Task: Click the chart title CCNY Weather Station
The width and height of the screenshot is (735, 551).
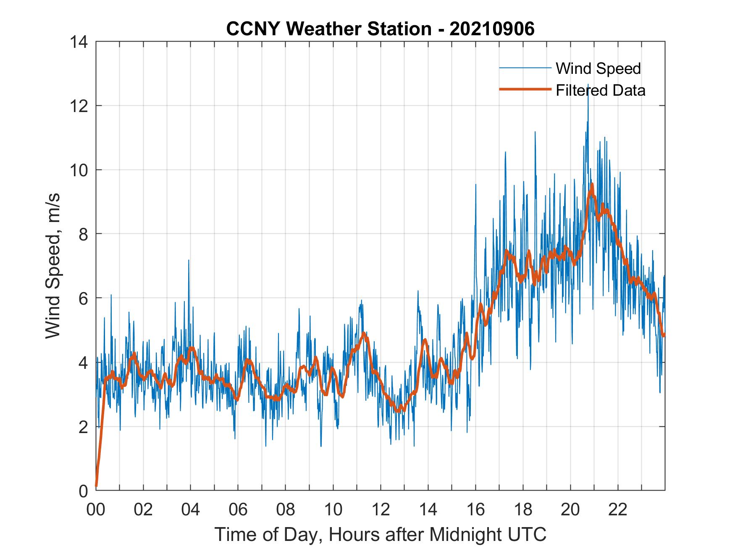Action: pyautogui.click(x=380, y=29)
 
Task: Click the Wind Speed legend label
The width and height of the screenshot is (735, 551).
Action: pyautogui.click(x=598, y=68)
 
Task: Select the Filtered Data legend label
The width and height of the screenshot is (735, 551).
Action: pyautogui.click(x=600, y=90)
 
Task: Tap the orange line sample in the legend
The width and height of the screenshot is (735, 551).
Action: pyautogui.click(x=525, y=89)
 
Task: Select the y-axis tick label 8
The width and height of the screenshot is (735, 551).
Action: pyautogui.click(x=84, y=234)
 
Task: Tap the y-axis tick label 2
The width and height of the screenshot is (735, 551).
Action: pyautogui.click(x=84, y=427)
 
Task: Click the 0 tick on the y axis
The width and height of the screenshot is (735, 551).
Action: pyautogui.click(x=84, y=491)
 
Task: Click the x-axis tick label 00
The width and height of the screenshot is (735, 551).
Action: pyautogui.click(x=96, y=510)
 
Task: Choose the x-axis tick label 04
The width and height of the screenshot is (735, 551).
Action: pyautogui.click(x=190, y=510)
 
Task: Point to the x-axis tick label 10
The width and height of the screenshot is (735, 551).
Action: pyautogui.click(x=333, y=510)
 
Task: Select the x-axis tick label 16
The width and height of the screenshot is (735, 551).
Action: pyautogui.click(x=475, y=510)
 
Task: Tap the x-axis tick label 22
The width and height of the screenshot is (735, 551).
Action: pyautogui.click(x=618, y=510)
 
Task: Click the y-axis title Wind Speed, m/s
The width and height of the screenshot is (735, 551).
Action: pyautogui.click(x=53, y=266)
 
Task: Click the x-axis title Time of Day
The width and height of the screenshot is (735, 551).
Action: pyautogui.click(x=380, y=535)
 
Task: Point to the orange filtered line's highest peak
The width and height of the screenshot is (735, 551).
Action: pyautogui.click(x=592, y=185)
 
